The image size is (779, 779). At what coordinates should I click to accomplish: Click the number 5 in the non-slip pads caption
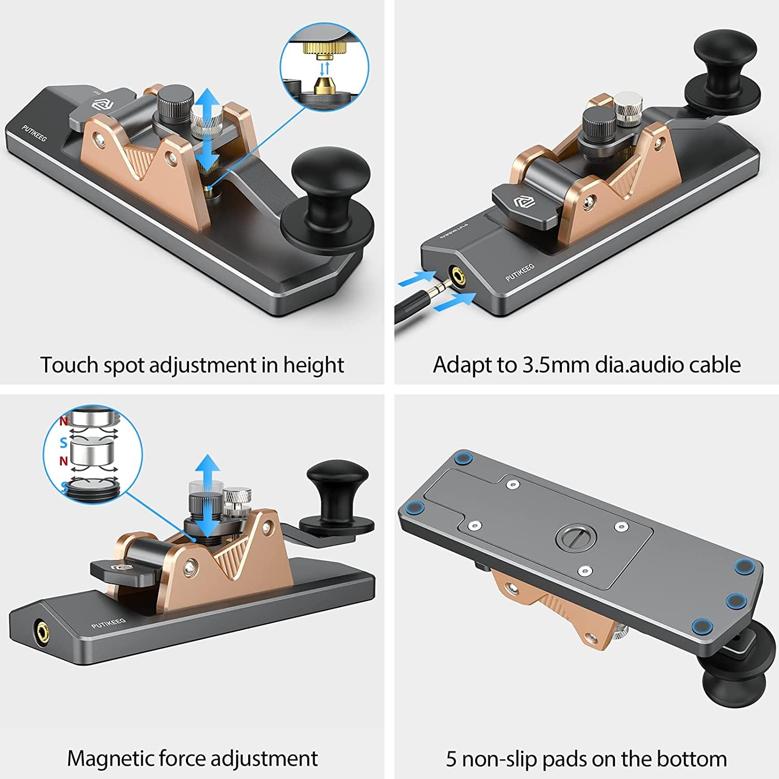pyautogui.click(x=451, y=759)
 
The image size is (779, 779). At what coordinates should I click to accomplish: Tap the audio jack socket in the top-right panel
pyautogui.click(x=458, y=275)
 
